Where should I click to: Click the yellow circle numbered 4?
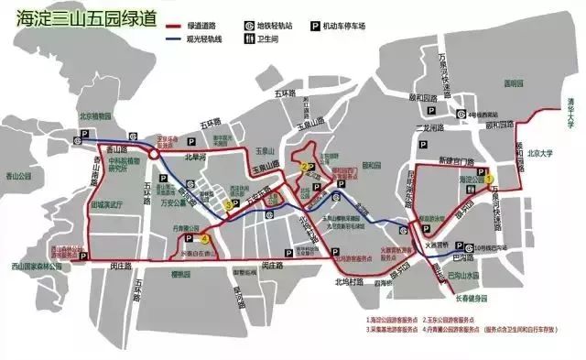[205, 239]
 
